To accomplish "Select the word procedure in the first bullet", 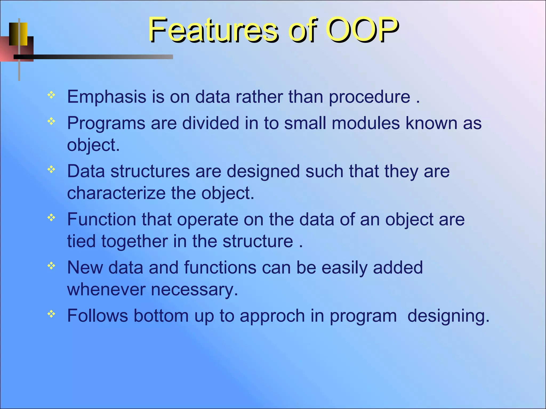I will click(369, 97).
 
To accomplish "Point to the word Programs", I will click(106, 124).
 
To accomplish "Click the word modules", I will click(366, 123).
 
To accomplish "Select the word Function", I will click(102, 219).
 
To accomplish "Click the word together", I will click(134, 241).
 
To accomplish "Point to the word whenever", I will click(106, 289).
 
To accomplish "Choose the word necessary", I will click(194, 289).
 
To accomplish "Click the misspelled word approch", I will click(272, 316).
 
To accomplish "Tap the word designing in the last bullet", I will click(448, 316).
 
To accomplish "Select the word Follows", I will click(98, 316).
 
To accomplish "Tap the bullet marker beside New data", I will click(51, 265).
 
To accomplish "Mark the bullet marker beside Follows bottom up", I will click(51, 314).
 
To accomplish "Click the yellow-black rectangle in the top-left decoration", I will click(18, 34).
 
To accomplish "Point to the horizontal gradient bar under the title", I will click(93, 57).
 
